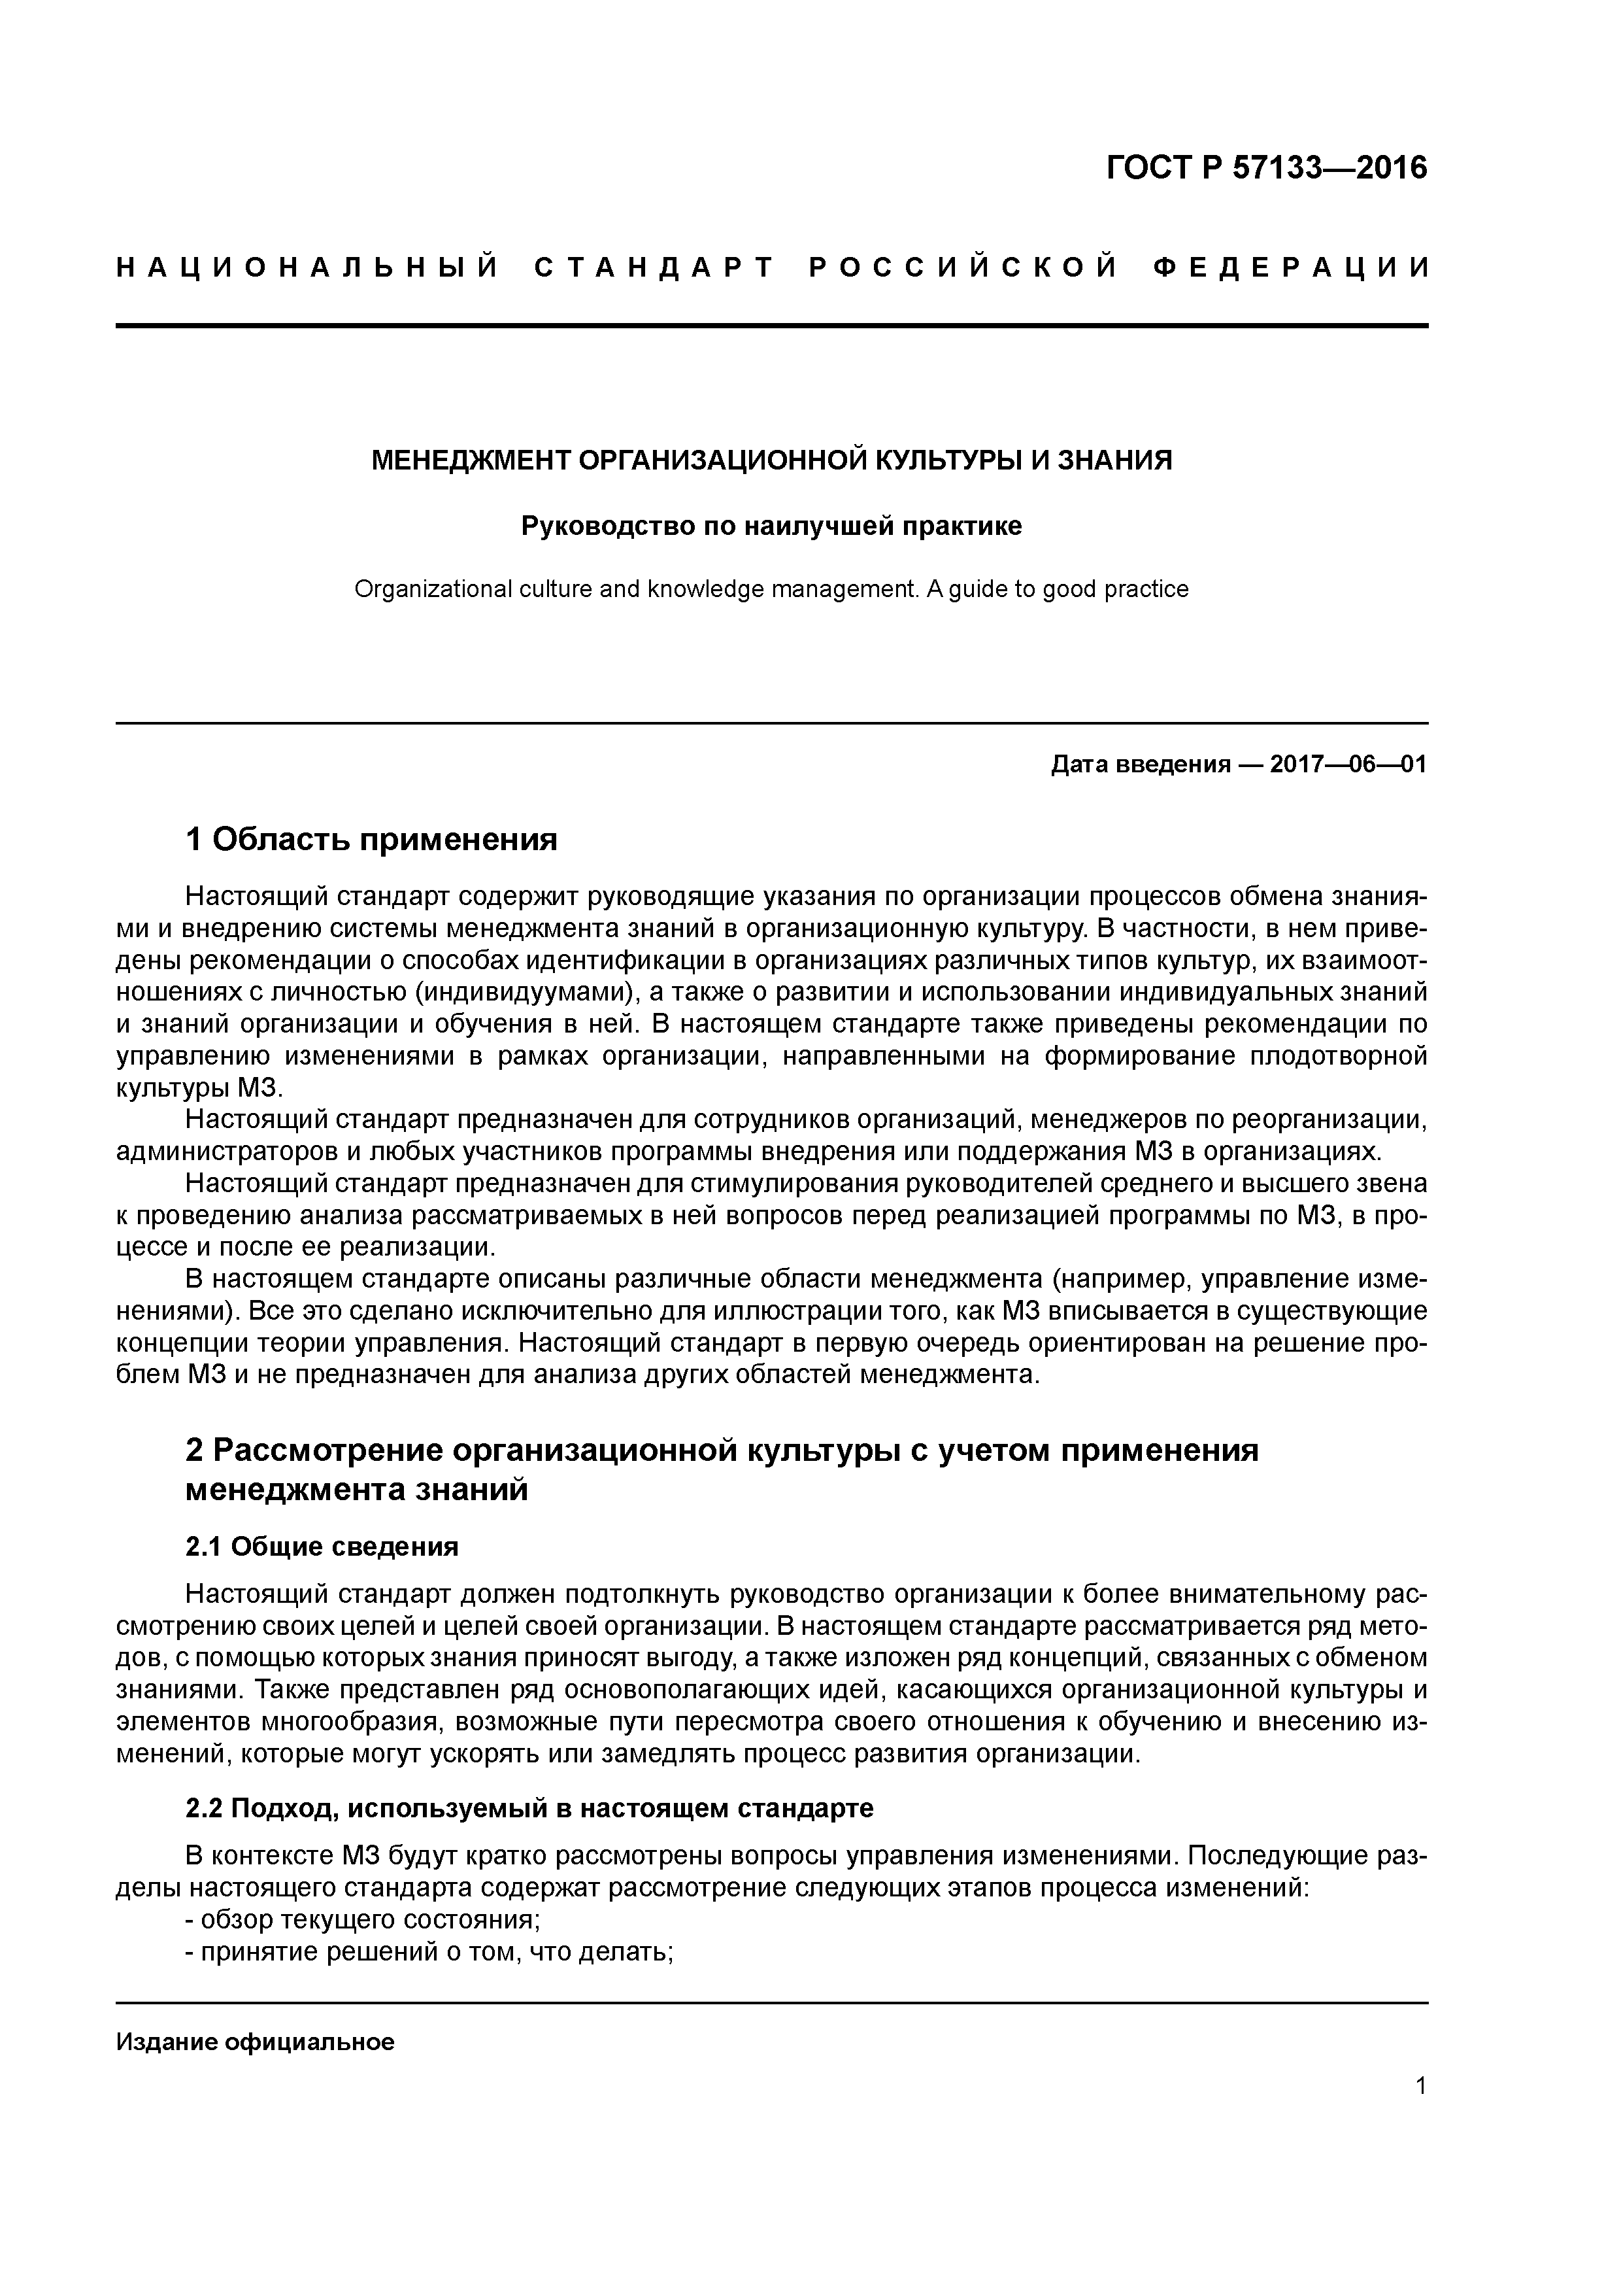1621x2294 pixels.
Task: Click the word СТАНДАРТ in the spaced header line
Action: click(x=654, y=267)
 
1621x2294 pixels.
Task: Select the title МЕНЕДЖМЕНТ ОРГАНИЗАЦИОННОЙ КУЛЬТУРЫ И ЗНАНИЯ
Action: click(x=771, y=460)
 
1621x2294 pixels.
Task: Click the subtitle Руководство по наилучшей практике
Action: click(x=771, y=526)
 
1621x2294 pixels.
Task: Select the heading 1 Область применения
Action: click(x=371, y=839)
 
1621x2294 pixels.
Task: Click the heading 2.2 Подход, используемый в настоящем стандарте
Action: click(x=529, y=1808)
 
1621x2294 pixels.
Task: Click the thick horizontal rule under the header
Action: click(x=771, y=326)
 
